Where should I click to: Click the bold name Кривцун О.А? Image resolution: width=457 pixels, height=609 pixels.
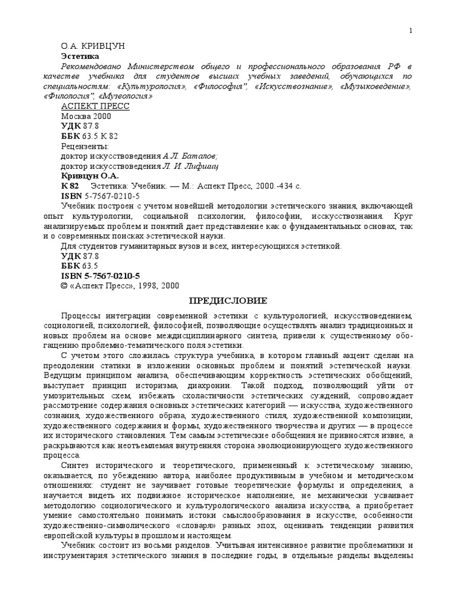(90, 176)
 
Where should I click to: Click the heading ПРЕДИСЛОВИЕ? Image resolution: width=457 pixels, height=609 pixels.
(228, 301)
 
